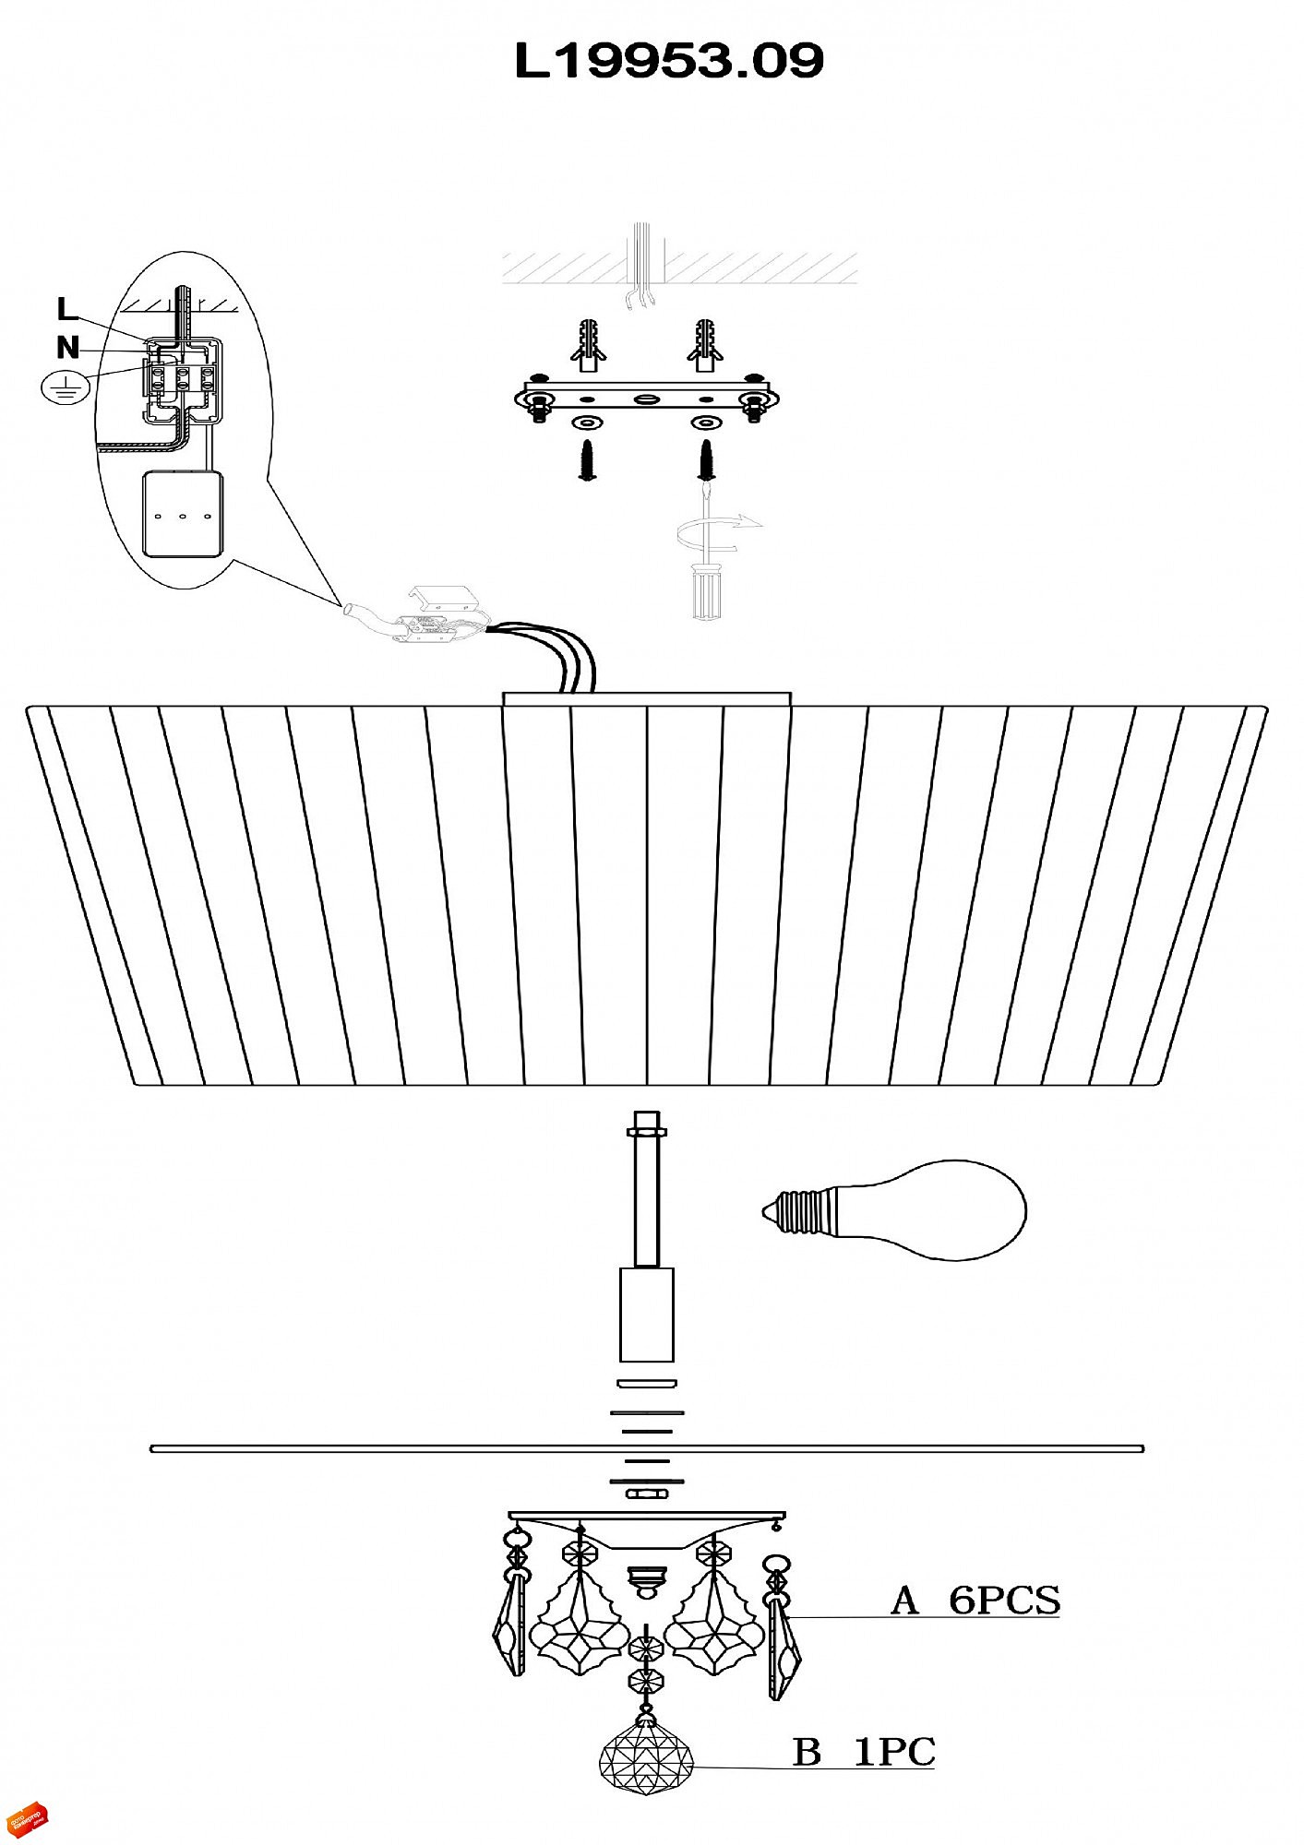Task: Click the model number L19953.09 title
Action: (668, 61)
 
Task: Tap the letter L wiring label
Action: (66, 309)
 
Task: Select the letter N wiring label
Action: (67, 348)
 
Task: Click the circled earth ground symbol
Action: (65, 388)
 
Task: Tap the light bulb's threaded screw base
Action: (798, 1211)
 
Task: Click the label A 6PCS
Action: (975, 1600)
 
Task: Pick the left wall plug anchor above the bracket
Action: (587, 345)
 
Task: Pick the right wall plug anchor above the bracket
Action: (704, 345)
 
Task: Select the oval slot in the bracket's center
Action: (645, 399)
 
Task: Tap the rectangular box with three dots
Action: (182, 515)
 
